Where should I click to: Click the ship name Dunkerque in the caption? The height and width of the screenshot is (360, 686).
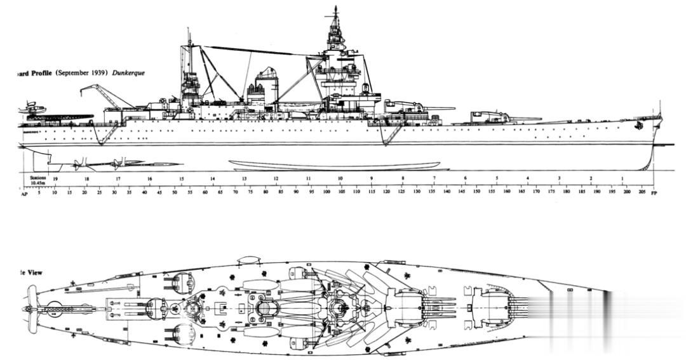(129, 73)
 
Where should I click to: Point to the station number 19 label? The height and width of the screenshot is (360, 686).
(55, 179)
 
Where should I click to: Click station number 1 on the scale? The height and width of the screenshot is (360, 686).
(622, 179)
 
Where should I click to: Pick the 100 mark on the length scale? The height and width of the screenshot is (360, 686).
(326, 191)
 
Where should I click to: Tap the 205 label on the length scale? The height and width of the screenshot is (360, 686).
(642, 191)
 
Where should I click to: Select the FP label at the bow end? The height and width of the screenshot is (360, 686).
(654, 192)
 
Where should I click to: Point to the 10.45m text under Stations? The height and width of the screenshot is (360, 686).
(38, 184)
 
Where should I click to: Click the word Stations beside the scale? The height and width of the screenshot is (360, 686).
(38, 178)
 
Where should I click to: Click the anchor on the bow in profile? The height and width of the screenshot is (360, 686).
(638, 126)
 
